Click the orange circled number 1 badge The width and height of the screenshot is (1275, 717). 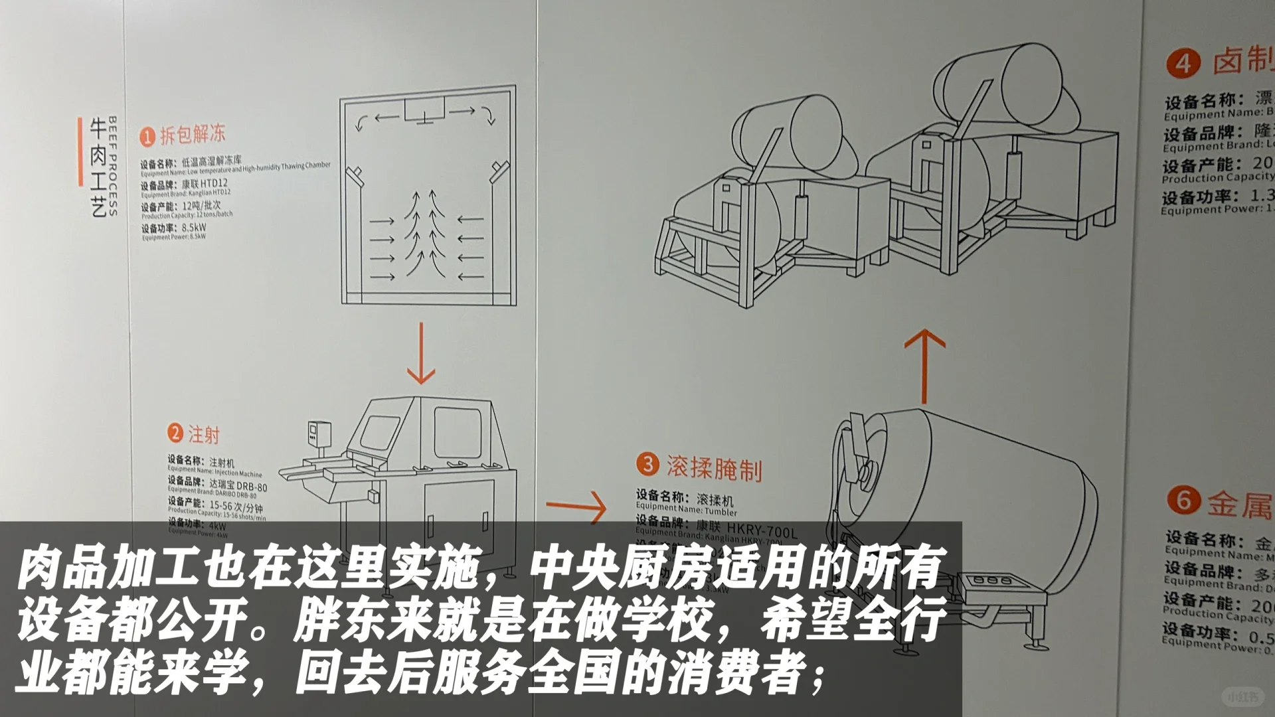click(x=147, y=137)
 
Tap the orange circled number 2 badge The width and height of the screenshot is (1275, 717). click(x=175, y=434)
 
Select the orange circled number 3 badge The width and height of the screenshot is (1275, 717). click(x=647, y=464)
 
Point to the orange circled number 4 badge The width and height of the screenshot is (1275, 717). click(x=1183, y=64)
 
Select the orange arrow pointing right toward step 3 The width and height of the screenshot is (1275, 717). click(x=576, y=509)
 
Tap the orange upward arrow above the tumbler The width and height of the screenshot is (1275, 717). click(x=924, y=366)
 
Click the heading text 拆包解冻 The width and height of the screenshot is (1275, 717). click(x=193, y=135)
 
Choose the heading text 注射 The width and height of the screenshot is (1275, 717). click(x=203, y=435)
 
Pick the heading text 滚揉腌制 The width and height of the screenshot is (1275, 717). click(x=714, y=468)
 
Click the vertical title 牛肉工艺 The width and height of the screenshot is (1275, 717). click(x=98, y=167)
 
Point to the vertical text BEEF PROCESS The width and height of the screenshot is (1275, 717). click(x=112, y=166)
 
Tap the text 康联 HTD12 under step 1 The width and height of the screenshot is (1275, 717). click(x=205, y=183)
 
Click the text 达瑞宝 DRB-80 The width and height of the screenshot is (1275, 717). click(x=238, y=485)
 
